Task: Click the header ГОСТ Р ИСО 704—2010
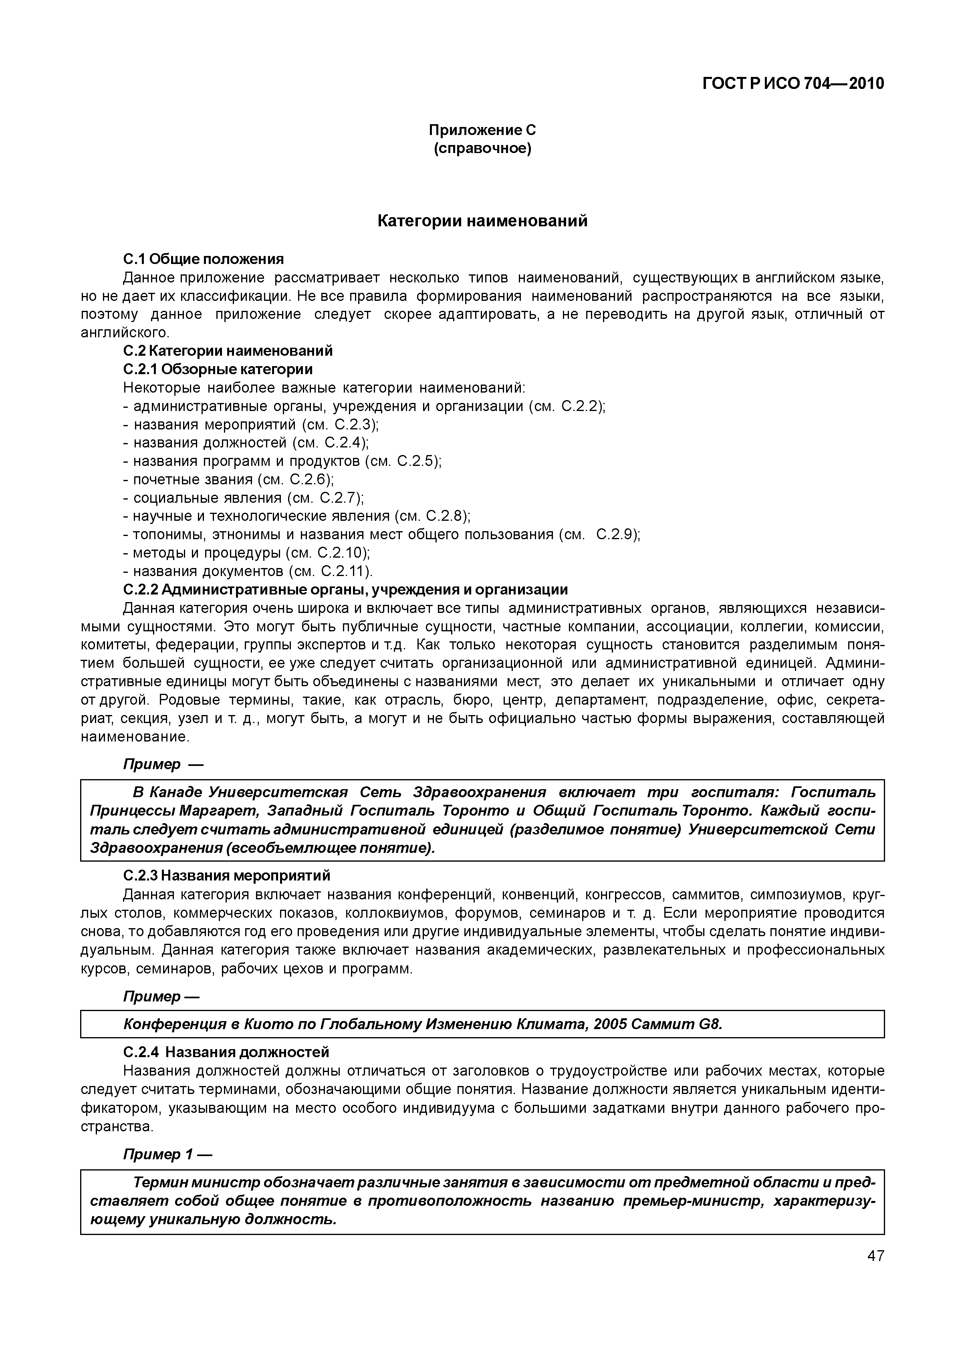(x=793, y=84)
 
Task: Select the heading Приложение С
(x=482, y=130)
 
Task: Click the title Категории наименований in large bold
(x=482, y=221)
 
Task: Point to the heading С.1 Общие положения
(x=203, y=259)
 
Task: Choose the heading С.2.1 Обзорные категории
(x=218, y=369)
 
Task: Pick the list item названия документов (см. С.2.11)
(x=248, y=571)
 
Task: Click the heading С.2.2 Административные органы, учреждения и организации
(x=345, y=590)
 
